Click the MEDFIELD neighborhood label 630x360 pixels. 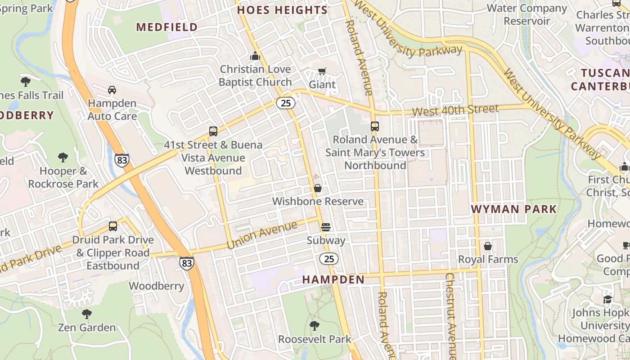click(167, 27)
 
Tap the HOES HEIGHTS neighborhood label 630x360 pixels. click(282, 10)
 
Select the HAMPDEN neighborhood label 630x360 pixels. click(333, 279)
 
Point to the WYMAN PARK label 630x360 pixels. click(513, 209)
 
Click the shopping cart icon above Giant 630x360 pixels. click(322, 71)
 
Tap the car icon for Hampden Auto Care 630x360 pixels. click(112, 90)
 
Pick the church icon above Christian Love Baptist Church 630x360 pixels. click(255, 56)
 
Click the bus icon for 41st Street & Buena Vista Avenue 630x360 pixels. click(213, 131)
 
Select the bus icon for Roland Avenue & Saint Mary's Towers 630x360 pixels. click(375, 126)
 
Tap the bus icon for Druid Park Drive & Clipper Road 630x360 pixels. click(113, 226)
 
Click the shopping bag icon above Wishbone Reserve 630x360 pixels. click(318, 188)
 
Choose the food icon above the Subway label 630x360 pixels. click(326, 227)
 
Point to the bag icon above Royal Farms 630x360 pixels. click(488, 246)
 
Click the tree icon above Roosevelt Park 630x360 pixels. click(315, 325)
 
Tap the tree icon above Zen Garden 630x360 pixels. click(87, 314)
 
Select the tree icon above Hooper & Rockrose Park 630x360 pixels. click(63, 157)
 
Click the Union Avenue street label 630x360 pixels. click(262, 235)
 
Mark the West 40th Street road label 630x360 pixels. click(455, 110)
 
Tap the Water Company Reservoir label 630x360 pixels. click(527, 14)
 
